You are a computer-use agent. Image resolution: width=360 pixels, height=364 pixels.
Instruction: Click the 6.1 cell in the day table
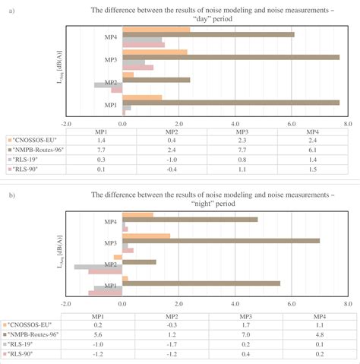coord(312,150)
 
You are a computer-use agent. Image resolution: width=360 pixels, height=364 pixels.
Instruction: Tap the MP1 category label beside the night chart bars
coord(111,286)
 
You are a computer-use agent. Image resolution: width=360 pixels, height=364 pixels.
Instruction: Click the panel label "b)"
coord(8,196)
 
